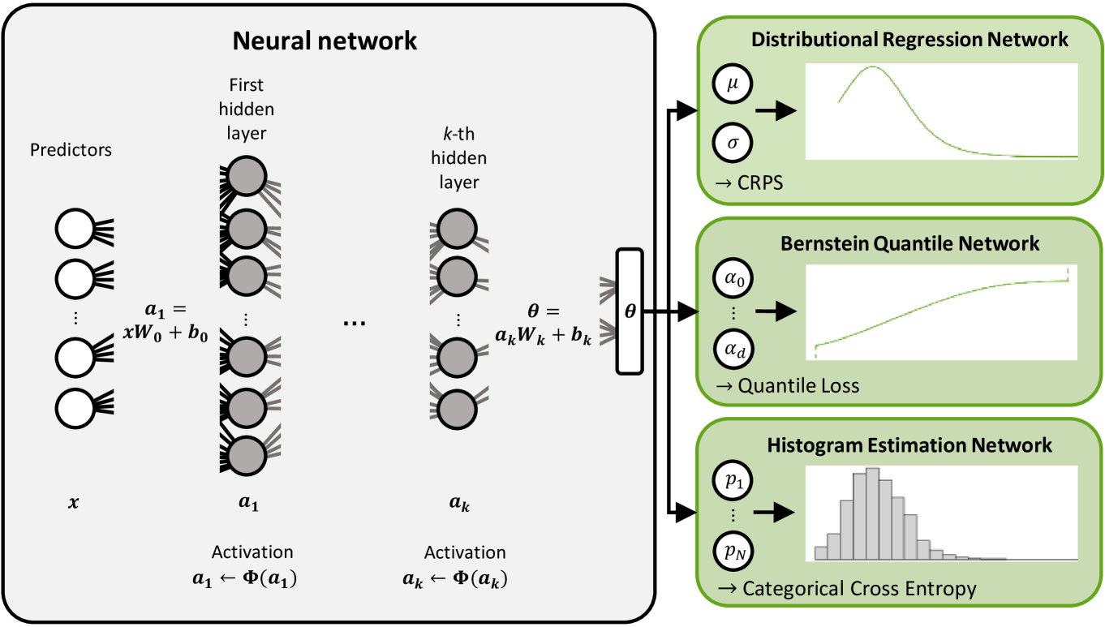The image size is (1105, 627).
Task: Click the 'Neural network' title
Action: (x=325, y=40)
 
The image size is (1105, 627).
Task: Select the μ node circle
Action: (x=733, y=84)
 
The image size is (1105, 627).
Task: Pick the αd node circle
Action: (x=733, y=350)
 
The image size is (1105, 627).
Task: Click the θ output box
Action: (x=630, y=311)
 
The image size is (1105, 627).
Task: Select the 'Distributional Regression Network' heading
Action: (x=909, y=39)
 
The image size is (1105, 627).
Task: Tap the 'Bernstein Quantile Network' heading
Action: (x=909, y=243)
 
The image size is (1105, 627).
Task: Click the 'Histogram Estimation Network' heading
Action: (x=909, y=444)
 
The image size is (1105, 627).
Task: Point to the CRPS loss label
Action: (x=749, y=183)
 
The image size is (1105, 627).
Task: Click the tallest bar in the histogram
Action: (x=872, y=513)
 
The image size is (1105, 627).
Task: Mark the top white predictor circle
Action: (x=75, y=230)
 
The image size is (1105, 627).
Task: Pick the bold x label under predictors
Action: (x=75, y=503)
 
